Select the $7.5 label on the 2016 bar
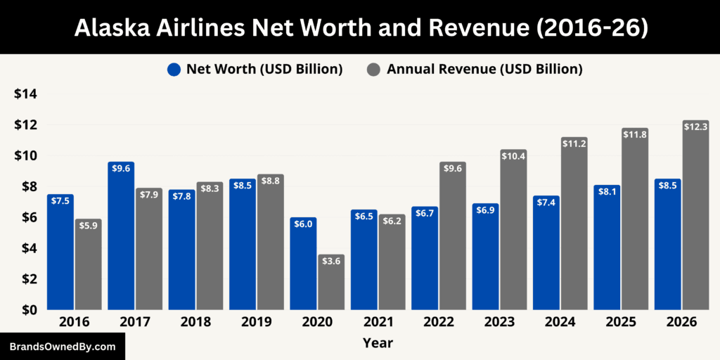[x=60, y=200]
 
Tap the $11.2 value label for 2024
[x=574, y=143]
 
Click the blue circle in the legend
[x=174, y=69]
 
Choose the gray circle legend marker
[x=374, y=69]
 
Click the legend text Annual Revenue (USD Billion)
[x=484, y=69]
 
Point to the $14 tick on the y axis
[x=25, y=94]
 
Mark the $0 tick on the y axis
[x=27, y=309]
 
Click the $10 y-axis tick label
[x=25, y=155]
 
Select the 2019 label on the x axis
[x=256, y=322]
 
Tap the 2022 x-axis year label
[x=439, y=322]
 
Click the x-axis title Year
[x=378, y=343]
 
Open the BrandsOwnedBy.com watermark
[x=62, y=347]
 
